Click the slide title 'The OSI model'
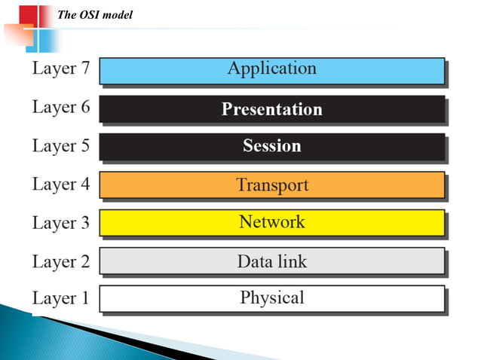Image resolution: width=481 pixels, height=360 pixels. (x=95, y=14)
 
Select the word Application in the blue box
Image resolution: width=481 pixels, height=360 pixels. (x=271, y=69)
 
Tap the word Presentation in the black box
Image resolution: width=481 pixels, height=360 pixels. (x=271, y=109)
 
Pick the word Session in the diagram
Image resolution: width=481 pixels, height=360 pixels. (x=271, y=146)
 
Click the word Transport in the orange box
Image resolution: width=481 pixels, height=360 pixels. (x=271, y=185)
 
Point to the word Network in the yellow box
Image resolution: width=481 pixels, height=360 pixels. (x=271, y=222)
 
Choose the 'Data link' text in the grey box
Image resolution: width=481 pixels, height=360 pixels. (x=271, y=261)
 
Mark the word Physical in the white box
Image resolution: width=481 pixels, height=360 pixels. (x=271, y=297)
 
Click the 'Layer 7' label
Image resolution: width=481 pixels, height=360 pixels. (x=60, y=69)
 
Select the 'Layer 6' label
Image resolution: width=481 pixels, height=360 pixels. (x=60, y=108)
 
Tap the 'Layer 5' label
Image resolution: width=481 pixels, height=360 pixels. (x=60, y=146)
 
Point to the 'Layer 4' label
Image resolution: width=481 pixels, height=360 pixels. (x=60, y=185)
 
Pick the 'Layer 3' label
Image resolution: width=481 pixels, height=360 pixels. (x=60, y=224)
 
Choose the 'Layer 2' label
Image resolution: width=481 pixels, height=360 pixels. (x=60, y=261)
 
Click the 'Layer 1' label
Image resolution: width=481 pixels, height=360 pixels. (x=60, y=299)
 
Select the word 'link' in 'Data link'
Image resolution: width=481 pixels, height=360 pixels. (x=293, y=261)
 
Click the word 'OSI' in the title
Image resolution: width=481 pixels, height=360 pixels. (x=90, y=14)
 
